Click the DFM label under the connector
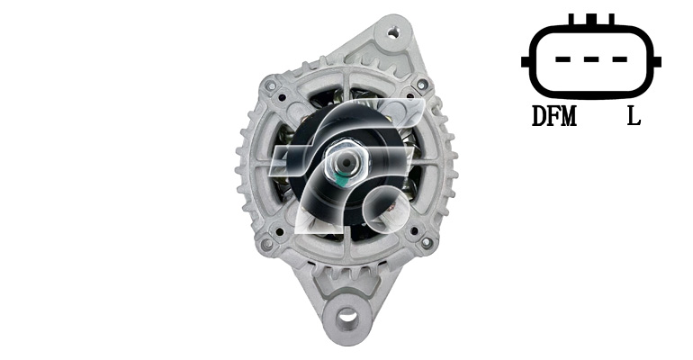point(554,116)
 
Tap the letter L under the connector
point(634,116)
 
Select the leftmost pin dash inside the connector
point(562,59)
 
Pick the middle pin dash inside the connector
point(591,59)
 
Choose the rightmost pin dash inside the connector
point(619,59)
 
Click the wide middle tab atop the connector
point(591,20)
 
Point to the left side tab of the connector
point(526,62)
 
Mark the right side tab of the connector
point(656,62)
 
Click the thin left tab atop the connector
point(571,20)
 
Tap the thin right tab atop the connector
point(611,20)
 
